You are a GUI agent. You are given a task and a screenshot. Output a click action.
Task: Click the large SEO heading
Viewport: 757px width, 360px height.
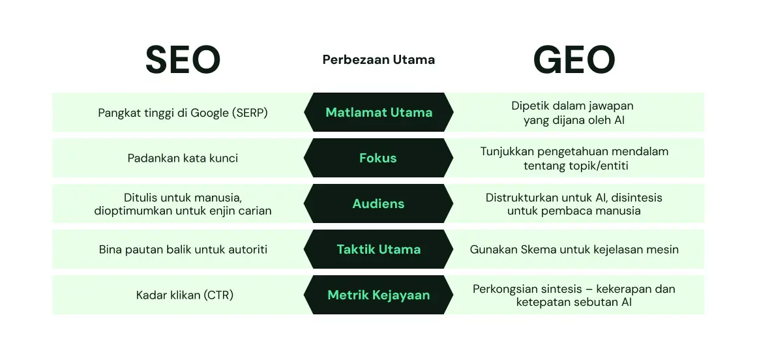point(183,60)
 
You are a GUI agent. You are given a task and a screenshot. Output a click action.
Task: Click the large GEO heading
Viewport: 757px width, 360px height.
point(574,60)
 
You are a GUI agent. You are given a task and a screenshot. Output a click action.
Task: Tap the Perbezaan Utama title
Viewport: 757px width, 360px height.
point(378,60)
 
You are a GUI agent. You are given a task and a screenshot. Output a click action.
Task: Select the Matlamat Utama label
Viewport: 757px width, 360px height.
point(378,112)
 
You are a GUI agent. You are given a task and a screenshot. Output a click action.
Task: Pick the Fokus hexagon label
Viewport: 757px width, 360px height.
point(378,158)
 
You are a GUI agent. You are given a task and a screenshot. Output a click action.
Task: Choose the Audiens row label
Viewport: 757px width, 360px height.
point(378,203)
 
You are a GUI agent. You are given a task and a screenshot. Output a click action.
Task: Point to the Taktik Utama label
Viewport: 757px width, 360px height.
point(378,249)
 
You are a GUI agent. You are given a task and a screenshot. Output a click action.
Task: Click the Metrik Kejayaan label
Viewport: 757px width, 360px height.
point(378,295)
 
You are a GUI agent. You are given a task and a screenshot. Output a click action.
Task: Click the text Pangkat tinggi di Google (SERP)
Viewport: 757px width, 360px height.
point(183,113)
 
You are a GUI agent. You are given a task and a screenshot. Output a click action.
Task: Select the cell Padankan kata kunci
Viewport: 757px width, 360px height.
point(183,158)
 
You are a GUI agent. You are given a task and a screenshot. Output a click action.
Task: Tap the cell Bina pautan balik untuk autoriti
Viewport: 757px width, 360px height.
point(183,250)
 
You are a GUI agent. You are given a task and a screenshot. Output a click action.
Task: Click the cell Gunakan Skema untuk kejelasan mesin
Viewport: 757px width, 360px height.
point(574,250)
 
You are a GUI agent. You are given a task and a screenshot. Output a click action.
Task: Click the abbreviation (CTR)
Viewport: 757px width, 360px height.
point(218,295)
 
